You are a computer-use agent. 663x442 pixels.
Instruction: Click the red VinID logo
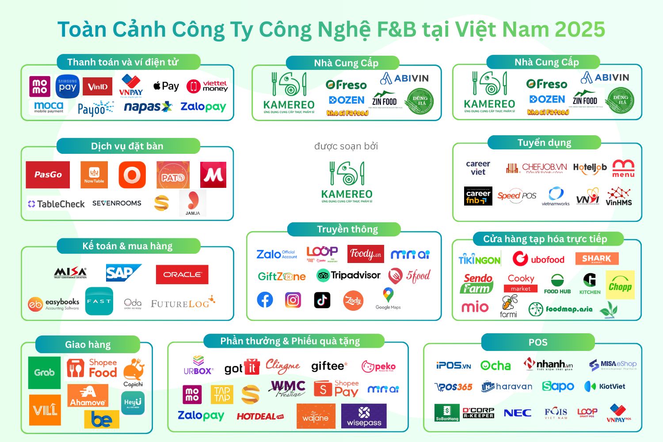(97, 87)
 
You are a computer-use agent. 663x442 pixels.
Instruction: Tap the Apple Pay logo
(166, 86)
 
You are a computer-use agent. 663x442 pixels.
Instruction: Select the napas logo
(148, 107)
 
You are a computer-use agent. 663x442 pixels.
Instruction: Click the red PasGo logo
(48, 175)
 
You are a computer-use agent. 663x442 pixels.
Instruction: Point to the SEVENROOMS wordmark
(117, 203)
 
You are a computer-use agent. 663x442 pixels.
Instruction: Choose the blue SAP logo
(123, 273)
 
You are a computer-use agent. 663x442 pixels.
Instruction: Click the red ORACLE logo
(182, 274)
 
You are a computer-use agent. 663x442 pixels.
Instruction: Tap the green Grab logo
(44, 373)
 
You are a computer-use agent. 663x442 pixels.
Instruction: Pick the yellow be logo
(102, 419)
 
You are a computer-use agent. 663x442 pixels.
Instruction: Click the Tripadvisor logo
(349, 275)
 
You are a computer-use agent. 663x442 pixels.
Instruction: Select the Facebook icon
(265, 300)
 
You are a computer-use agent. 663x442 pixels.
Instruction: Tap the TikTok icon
(322, 300)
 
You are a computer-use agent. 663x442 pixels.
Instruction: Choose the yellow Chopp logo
(620, 286)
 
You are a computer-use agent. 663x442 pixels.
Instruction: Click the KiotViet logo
(605, 386)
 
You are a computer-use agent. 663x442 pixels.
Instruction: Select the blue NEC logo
(518, 413)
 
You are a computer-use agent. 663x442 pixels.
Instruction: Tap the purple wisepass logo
(364, 416)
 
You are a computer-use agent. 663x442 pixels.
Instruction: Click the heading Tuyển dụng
(545, 143)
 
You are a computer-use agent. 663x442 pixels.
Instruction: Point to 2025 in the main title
(580, 30)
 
